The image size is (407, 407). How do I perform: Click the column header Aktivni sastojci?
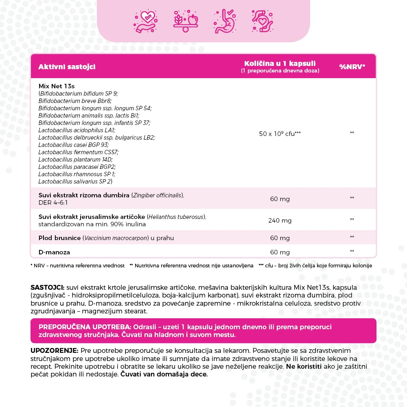coord(67,67)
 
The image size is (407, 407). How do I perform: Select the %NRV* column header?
coord(352,67)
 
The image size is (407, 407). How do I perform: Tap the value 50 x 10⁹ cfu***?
coord(280,133)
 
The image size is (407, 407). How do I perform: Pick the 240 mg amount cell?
coord(280,221)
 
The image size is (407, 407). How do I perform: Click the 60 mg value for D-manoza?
coord(280,252)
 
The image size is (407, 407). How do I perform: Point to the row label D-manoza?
coord(54,252)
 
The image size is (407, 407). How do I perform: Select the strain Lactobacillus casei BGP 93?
coord(74,145)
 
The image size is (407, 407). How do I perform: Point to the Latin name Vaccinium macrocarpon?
coord(116,238)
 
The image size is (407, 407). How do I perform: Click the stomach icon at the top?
coord(225,20)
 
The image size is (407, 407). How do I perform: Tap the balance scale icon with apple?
coord(185,20)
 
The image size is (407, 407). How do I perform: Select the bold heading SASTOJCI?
coord(48,287)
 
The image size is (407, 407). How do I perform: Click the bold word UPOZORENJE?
coord(54,351)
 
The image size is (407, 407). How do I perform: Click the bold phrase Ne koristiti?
coord(303,367)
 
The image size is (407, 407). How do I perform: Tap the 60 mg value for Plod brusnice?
coord(280,238)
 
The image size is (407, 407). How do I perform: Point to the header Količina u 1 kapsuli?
coord(280,64)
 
